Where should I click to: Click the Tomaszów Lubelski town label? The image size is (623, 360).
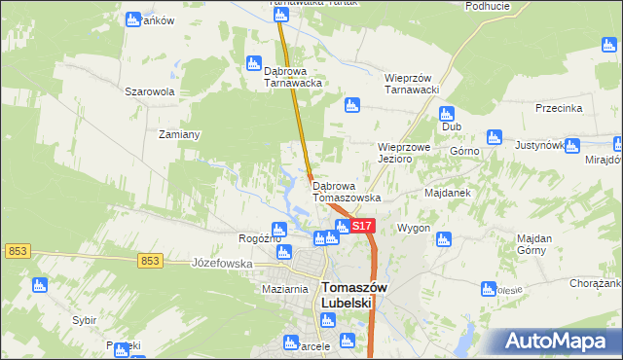click(353, 295)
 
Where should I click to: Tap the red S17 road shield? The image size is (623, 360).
click(361, 226)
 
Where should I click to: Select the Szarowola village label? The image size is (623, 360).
click(149, 91)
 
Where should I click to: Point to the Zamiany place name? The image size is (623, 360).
click(179, 134)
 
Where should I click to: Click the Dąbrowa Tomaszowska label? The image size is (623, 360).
click(347, 191)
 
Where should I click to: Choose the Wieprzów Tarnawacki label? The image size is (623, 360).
click(412, 84)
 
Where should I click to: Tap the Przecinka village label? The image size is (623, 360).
click(559, 109)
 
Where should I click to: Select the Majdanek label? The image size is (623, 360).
click(448, 193)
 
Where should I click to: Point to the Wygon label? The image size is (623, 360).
click(414, 228)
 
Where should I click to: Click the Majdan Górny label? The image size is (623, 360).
click(534, 245)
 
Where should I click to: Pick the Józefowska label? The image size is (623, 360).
click(222, 263)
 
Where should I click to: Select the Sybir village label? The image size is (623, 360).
click(84, 319)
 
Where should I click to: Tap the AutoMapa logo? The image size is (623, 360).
click(558, 341)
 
